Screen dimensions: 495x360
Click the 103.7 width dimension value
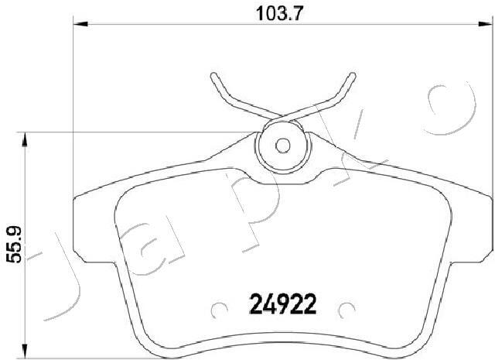coord(280,14)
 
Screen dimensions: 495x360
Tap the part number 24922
coord(283,304)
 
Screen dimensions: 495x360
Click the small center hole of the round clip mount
coord(282,146)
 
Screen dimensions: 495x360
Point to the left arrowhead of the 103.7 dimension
coord(80,24)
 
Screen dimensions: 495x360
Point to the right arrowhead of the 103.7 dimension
coord(486,24)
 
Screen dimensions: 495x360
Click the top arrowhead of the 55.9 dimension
coord(24,139)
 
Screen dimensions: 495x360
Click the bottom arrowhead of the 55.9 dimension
coord(24,351)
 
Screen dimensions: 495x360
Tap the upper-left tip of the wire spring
coord(213,75)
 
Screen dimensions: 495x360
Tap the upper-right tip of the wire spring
coord(353,75)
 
